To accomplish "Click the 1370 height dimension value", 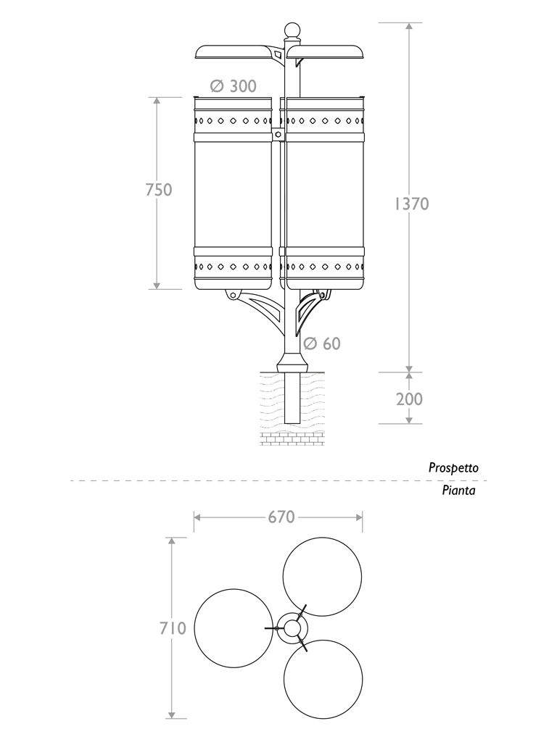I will click(x=412, y=204).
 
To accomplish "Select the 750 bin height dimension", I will click(x=159, y=190).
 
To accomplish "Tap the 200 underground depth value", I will click(x=409, y=399).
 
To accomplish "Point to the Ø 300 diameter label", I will click(x=233, y=86).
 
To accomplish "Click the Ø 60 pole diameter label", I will click(x=322, y=343).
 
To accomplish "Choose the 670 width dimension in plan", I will click(x=281, y=517).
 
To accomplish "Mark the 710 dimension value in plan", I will click(x=173, y=628).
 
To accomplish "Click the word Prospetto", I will click(x=453, y=468).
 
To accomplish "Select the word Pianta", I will click(x=458, y=491).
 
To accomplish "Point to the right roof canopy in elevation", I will click(x=326, y=51).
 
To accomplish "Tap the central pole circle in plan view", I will click(x=292, y=628).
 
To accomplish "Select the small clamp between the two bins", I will click(x=279, y=134).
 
